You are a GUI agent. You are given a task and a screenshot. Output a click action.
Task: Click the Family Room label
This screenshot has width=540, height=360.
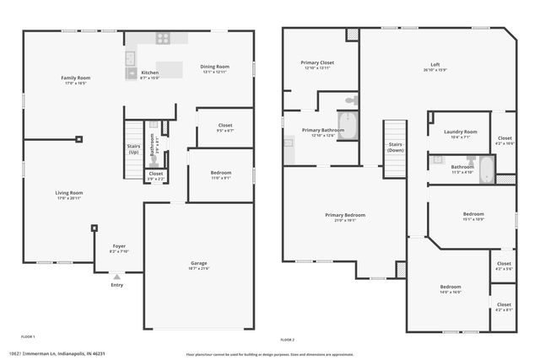click(x=75, y=78)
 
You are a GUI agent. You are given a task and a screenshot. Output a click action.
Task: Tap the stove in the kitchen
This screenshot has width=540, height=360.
click(x=163, y=37)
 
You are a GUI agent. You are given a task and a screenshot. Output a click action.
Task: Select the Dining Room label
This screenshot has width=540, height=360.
click(x=214, y=67)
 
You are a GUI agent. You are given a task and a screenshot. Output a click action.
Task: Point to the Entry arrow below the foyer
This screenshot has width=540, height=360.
click(x=116, y=275)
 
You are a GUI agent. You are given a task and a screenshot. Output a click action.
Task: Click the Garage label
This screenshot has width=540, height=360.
click(x=198, y=264)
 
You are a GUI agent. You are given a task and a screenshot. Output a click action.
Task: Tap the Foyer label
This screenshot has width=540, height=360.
click(x=119, y=246)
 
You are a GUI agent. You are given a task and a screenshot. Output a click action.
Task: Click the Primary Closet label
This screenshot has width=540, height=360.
click(x=319, y=62)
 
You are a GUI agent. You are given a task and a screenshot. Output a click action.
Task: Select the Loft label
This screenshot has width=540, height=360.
click(x=435, y=65)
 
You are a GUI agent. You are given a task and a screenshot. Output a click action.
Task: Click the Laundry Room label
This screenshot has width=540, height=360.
click(x=461, y=132)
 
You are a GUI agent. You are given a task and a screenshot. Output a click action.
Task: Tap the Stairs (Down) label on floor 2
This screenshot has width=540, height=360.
click(x=395, y=147)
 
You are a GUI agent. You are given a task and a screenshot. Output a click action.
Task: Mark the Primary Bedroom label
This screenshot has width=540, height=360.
click(x=345, y=215)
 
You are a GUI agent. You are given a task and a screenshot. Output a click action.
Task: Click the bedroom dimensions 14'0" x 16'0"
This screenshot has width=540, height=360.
click(x=450, y=292)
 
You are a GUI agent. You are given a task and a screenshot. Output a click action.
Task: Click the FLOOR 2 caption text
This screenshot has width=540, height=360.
click(x=288, y=339)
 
